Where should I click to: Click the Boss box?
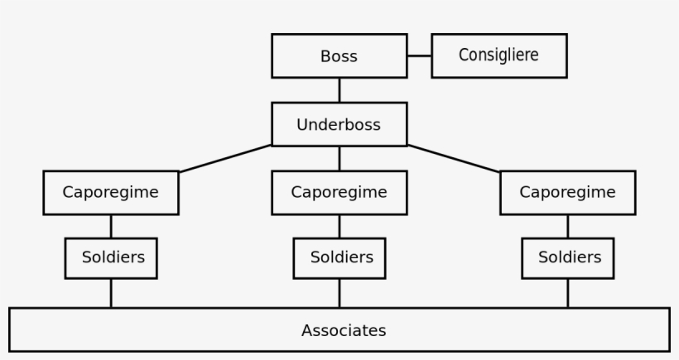339,56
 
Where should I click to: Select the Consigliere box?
498,55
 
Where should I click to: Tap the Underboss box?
339,125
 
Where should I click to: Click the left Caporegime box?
111,192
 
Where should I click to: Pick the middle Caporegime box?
339,192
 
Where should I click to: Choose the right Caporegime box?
567,192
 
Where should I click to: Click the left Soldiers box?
111,257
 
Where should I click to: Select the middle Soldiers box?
339,257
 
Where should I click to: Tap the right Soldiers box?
567,257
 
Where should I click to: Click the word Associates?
344,330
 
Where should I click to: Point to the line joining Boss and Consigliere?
419,56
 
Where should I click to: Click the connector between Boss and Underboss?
339,90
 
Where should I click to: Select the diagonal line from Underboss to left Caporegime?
225,158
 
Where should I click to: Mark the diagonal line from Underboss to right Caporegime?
454,158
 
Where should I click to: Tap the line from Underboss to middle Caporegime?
339,158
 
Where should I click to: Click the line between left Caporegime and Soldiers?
111,226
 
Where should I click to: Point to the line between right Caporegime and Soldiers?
567,226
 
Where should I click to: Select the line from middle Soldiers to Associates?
339,293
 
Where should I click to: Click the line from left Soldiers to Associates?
111,293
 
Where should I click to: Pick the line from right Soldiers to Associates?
567,293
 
